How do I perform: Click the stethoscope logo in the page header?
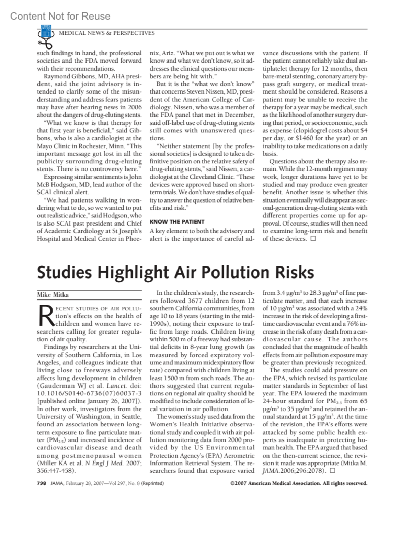46,36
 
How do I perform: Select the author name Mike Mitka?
53,295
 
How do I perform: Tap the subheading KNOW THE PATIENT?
177,222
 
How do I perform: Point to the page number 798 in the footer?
41,483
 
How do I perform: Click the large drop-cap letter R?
46,316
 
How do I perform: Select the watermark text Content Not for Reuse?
60,16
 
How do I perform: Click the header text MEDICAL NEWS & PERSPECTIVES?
107,33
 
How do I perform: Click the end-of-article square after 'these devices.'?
313,239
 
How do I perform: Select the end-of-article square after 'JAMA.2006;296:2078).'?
332,470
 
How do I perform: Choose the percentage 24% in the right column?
361,308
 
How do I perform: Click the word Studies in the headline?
64,272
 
